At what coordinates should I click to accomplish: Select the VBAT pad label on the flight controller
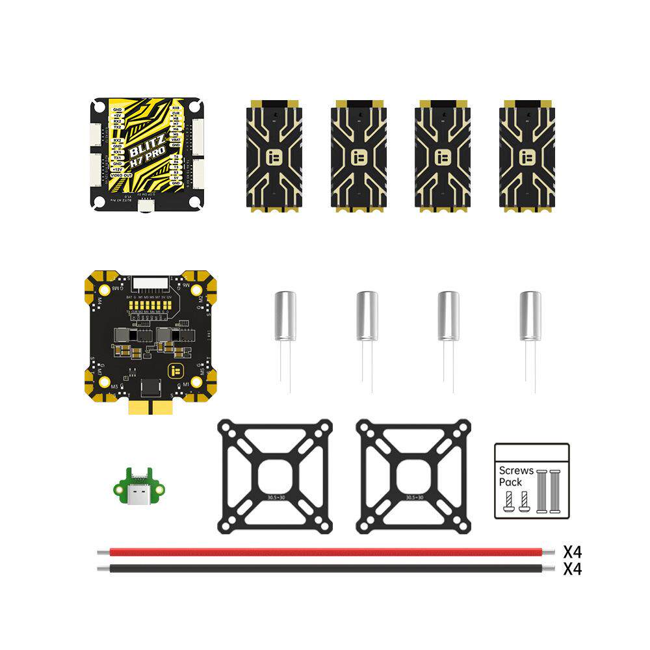pyautogui.click(x=175, y=139)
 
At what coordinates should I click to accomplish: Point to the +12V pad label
pyautogui.click(x=118, y=170)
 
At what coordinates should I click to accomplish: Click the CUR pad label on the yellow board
pyautogui.click(x=175, y=113)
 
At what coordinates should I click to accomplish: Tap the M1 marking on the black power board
pyautogui.click(x=187, y=385)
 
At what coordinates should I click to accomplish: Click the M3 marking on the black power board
pyautogui.click(x=115, y=386)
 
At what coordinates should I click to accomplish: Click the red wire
pyautogui.click(x=325, y=552)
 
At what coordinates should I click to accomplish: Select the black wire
pyautogui.click(x=325, y=568)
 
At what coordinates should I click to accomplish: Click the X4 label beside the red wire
pyautogui.click(x=572, y=552)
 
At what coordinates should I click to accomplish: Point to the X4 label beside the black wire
pyautogui.click(x=572, y=569)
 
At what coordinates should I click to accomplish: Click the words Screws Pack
pyautogui.click(x=515, y=476)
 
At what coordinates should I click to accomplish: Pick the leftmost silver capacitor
pyautogui.click(x=285, y=316)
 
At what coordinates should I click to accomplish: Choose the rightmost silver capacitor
pyautogui.click(x=530, y=316)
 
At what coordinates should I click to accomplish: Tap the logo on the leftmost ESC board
pyautogui.click(x=274, y=157)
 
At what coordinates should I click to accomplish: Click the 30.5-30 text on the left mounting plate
pyautogui.click(x=274, y=497)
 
